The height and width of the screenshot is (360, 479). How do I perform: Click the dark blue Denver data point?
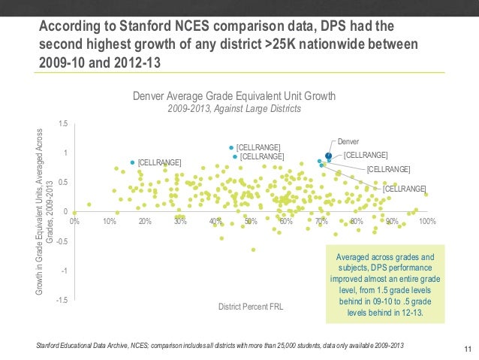(x=328, y=156)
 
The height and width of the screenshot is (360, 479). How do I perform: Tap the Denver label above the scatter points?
(x=348, y=141)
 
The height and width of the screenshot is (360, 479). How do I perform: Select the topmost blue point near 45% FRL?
(x=231, y=147)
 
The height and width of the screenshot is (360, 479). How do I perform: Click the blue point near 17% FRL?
(x=133, y=162)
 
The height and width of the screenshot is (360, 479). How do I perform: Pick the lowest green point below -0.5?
(x=253, y=250)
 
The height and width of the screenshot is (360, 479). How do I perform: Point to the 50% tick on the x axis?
(x=252, y=222)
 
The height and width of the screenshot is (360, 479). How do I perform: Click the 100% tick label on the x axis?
(x=427, y=222)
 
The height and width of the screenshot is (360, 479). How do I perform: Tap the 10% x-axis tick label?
(x=110, y=222)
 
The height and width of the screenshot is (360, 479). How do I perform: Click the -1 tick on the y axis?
(x=65, y=271)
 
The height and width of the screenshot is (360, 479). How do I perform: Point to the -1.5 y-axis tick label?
(x=62, y=300)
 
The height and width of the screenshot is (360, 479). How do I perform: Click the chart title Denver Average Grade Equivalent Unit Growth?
(x=233, y=96)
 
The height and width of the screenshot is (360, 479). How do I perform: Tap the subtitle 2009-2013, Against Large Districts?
(x=233, y=109)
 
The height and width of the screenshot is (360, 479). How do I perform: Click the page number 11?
(x=467, y=347)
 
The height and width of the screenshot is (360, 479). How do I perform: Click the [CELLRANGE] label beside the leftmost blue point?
(x=160, y=162)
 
